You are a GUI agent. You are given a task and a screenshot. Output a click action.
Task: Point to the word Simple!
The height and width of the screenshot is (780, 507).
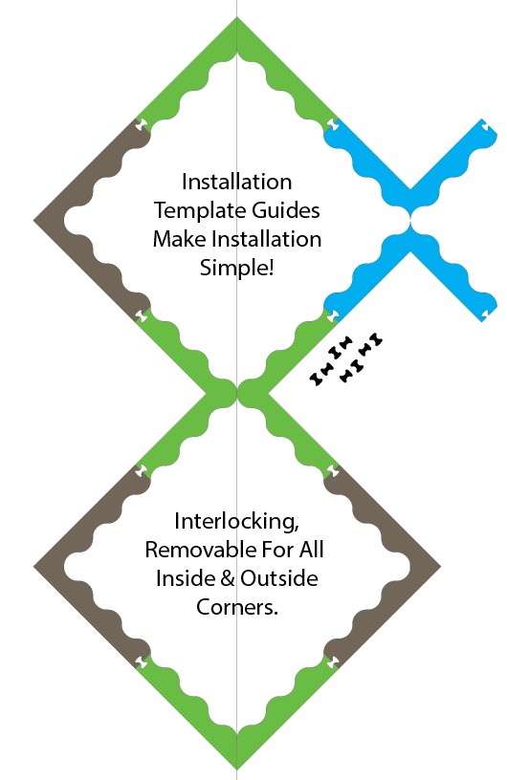236,268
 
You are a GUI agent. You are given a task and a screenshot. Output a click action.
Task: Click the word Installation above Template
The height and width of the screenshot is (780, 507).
236,182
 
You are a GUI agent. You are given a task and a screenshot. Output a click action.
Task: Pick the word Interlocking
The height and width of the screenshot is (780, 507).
236,522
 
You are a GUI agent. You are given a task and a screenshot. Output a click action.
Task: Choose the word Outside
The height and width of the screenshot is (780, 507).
279,578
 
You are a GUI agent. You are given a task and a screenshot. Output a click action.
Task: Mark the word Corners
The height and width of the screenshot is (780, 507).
236,607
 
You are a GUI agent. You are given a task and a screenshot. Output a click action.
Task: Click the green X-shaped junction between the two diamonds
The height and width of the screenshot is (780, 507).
236,393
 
